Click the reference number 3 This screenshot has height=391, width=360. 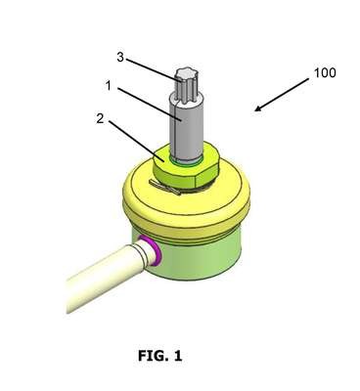120,58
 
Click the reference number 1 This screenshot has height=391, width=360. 109,86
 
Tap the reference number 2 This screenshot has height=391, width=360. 100,118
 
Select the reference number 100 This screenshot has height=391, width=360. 325,72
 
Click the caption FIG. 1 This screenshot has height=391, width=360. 159,356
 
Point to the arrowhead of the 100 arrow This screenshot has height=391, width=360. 257,109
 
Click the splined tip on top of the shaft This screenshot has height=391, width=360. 186,86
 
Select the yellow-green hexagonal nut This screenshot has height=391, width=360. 186,167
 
